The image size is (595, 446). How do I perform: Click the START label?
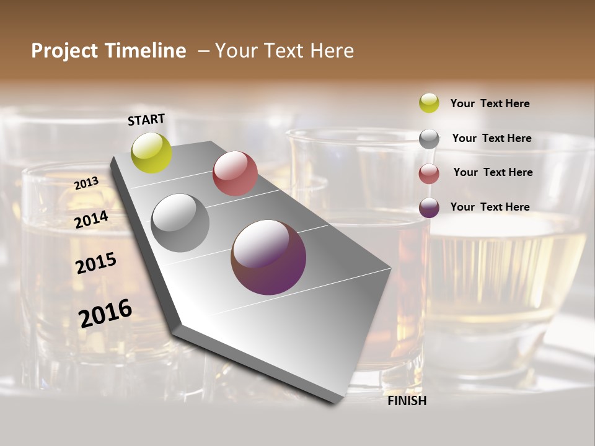[146, 120]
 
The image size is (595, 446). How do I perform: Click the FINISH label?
[407, 401]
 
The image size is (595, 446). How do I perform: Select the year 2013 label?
[87, 183]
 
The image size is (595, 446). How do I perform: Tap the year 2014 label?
[92, 219]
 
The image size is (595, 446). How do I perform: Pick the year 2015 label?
[96, 263]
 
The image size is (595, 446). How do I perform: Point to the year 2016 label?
[105, 313]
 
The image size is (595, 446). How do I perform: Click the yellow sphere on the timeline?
[152, 153]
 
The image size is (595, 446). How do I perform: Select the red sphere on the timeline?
[235, 173]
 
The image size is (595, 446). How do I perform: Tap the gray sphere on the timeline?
[180, 223]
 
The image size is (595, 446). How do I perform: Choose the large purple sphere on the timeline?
[268, 257]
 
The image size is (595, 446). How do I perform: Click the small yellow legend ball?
[429, 103]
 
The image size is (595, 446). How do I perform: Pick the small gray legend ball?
[429, 138]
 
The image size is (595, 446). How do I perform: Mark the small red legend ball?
[429, 173]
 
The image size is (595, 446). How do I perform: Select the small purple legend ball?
[429, 208]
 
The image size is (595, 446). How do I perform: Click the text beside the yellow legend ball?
[490, 103]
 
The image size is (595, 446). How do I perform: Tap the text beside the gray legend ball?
[492, 138]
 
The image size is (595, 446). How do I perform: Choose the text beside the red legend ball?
[493, 172]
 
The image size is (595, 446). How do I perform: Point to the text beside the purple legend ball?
[490, 207]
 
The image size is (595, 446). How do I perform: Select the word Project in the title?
[64, 51]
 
